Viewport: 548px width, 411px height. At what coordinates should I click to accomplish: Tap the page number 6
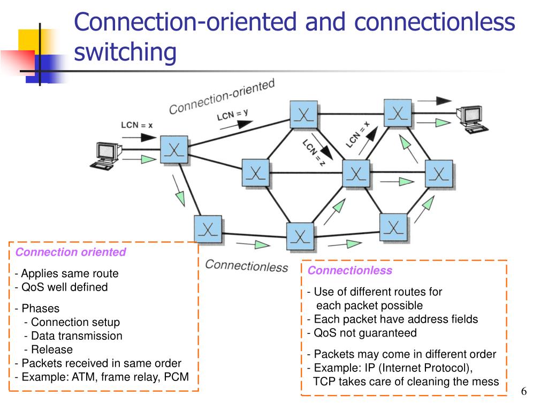tap(524, 392)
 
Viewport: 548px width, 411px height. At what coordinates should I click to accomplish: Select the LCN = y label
tap(232, 114)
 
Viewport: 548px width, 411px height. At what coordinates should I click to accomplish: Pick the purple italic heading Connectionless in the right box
tap(349, 270)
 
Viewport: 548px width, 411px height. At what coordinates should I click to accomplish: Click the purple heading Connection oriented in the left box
tap(71, 252)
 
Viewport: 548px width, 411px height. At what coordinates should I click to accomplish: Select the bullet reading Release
tap(51, 349)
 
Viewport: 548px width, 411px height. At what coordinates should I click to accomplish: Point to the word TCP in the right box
tap(324, 382)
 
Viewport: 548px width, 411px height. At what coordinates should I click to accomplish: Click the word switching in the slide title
tap(125, 52)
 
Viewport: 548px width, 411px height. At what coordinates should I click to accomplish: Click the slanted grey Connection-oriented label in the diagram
tap(222, 97)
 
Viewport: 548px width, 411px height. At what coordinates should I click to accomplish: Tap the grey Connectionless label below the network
tap(246, 266)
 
